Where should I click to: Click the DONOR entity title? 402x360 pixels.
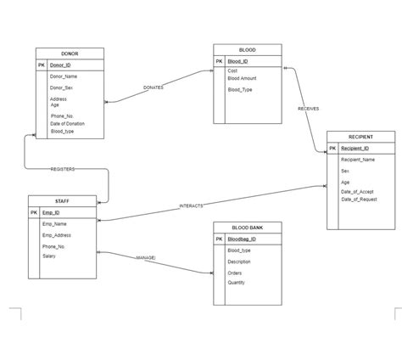click(x=70, y=53)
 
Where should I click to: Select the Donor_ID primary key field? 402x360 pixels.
click(x=60, y=65)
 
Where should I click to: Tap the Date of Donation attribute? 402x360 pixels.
click(x=67, y=124)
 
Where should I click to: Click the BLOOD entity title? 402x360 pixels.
click(x=247, y=50)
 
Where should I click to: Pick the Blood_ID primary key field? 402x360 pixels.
click(x=237, y=61)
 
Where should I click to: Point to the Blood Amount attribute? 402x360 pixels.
click(x=242, y=78)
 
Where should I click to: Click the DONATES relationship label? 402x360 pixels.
click(x=154, y=87)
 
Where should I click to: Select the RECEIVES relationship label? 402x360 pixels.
click(x=308, y=109)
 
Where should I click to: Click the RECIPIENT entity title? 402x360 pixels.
click(x=360, y=137)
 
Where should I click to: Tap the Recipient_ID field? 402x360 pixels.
click(x=355, y=149)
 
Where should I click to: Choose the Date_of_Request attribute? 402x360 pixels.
click(x=359, y=200)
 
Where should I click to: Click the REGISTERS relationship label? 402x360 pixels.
click(x=63, y=169)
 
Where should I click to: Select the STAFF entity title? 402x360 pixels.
click(x=62, y=201)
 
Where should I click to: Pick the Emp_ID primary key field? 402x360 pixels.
click(x=52, y=212)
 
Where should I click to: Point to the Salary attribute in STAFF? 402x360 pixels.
click(x=49, y=256)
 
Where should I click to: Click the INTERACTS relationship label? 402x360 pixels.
click(x=191, y=206)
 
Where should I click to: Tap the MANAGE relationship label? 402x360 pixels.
click(x=145, y=257)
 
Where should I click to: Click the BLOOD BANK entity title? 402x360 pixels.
click(x=247, y=228)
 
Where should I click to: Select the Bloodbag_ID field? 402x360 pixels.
click(x=242, y=239)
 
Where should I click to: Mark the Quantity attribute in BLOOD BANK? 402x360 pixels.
click(x=236, y=284)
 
